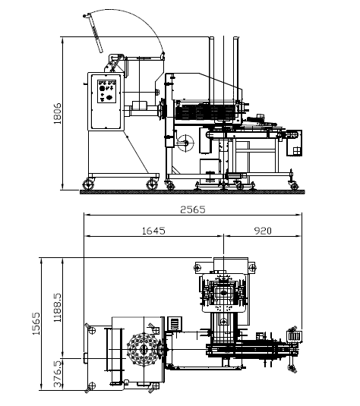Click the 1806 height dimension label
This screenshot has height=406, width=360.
click(x=57, y=113)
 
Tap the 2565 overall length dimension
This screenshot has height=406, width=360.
click(x=193, y=209)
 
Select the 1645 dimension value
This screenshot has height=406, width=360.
click(x=153, y=231)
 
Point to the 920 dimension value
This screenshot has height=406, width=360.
click(x=263, y=231)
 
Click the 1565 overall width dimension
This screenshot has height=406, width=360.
click(x=36, y=323)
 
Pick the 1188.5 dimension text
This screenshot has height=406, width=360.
click(x=57, y=307)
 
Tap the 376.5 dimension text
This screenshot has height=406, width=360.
click(x=57, y=374)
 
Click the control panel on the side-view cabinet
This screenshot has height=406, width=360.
click(x=106, y=91)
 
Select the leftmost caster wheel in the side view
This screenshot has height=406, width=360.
click(x=88, y=184)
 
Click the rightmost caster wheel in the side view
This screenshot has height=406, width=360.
click(x=294, y=185)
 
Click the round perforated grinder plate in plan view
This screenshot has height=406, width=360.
click(x=143, y=350)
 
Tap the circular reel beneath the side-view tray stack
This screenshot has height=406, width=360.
click(x=185, y=143)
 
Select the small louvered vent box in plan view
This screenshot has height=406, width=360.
click(x=175, y=323)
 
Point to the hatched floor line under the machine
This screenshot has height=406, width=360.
click(x=192, y=192)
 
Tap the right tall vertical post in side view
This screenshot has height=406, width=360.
click(x=236, y=70)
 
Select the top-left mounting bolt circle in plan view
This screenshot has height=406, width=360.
click(x=198, y=267)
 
